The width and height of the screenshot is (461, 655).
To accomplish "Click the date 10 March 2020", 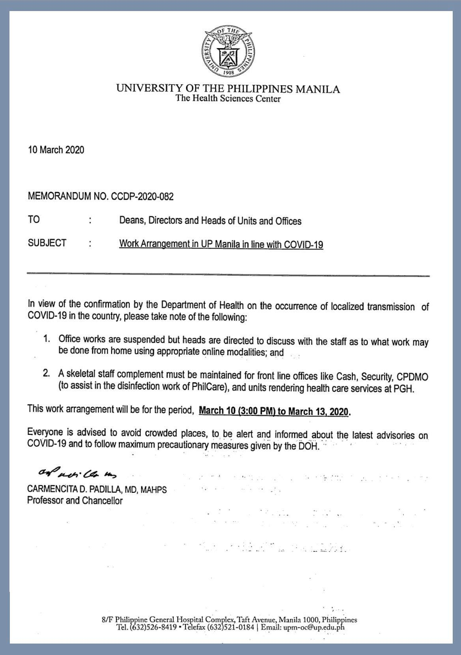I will tap(56, 150).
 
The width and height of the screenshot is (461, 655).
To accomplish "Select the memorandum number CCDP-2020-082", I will tap(142, 196).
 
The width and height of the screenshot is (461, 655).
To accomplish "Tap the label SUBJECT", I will tap(47, 243).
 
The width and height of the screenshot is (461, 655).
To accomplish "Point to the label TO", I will tap(34, 219).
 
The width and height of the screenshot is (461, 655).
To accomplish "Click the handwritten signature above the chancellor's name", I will tap(77, 472).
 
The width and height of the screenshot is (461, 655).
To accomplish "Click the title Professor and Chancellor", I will tap(75, 501).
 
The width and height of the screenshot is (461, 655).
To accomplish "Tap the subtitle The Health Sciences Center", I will tap(228, 99).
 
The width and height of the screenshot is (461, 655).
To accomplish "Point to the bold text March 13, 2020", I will tap(318, 411).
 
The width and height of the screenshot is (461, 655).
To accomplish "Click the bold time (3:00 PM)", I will tap(256, 411).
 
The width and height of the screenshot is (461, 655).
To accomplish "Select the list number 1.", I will tap(47, 339).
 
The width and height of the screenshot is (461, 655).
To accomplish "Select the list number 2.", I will tap(47, 373).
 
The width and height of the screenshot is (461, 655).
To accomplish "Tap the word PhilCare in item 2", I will tap(209, 386).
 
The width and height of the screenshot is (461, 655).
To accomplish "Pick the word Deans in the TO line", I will tap(131, 220).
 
